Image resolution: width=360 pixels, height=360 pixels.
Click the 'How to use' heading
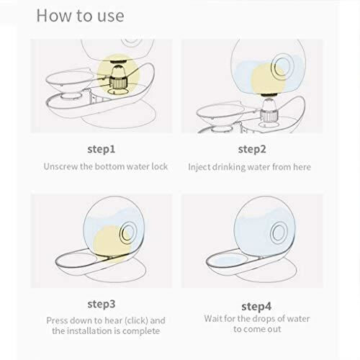pos(80,16)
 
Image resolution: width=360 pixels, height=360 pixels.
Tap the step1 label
pos(102,149)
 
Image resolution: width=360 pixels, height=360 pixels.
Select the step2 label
pos(252,149)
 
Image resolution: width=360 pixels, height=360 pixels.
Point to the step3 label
pos(102,305)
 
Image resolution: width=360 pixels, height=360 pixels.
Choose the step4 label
pos(256,307)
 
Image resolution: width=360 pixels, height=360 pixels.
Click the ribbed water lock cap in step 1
pos(118,82)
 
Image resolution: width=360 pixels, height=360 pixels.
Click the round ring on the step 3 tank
pos(128,233)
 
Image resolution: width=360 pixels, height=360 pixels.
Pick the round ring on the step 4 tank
pos(279,233)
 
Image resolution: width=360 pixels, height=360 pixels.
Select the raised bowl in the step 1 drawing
pos(71,80)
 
